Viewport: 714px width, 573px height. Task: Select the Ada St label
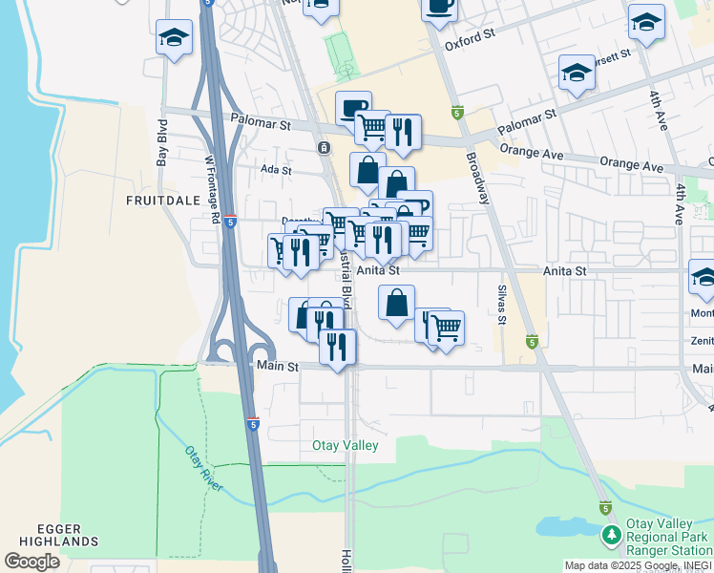pos(275,170)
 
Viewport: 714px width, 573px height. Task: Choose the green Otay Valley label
pos(346,446)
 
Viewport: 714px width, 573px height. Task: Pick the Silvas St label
pos(501,304)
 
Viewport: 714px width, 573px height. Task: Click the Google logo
pos(31,562)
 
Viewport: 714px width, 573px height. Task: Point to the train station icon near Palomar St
pos(325,147)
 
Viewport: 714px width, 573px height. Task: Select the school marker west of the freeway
pos(173,38)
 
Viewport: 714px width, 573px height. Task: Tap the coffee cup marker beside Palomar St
pos(352,107)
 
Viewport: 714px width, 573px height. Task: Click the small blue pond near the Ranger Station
pos(563,526)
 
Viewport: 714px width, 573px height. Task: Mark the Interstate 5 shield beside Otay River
pos(252,422)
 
